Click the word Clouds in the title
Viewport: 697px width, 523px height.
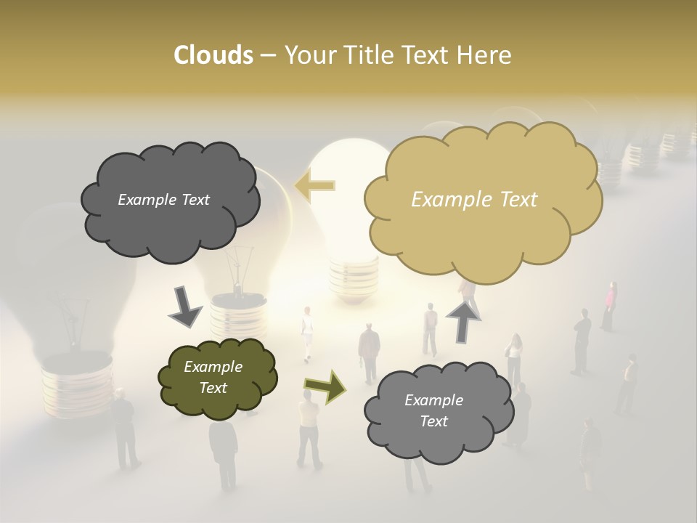pos(213,55)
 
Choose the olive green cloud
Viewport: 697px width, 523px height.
pos(217,378)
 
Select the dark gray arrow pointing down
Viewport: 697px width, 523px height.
pos(185,307)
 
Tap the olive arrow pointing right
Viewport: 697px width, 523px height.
pos(325,386)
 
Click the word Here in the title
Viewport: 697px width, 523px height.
pos(484,55)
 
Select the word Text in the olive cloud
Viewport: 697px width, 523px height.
pos(213,388)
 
